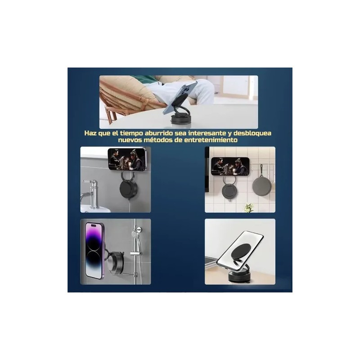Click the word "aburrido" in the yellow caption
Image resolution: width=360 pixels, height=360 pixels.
(158, 133)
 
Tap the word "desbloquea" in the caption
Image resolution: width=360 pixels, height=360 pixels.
(252, 133)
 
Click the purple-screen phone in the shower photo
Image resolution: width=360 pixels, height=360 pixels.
(94, 250)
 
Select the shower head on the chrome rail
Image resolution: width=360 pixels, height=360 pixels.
(135, 234)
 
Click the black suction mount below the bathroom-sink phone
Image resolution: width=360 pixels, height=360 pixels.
(128, 189)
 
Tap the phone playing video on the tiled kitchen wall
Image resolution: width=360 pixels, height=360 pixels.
(230, 166)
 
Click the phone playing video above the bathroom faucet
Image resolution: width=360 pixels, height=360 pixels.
(127, 159)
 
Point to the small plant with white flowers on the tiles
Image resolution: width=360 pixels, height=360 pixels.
(249, 207)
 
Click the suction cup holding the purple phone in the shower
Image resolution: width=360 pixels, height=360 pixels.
(117, 262)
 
